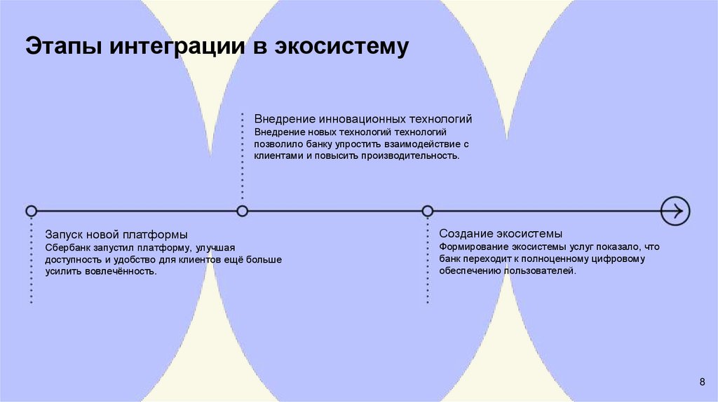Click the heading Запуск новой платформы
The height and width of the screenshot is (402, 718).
tap(116, 234)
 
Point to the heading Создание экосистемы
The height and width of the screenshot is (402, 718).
tap(501, 233)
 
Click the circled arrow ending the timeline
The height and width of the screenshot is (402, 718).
tap(676, 210)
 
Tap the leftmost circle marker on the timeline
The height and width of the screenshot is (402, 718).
tap(31, 211)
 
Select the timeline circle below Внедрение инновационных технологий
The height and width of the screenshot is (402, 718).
tap(243, 211)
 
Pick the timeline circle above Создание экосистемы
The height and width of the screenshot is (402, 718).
tap(427, 211)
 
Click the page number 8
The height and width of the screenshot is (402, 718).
tap(703, 381)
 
